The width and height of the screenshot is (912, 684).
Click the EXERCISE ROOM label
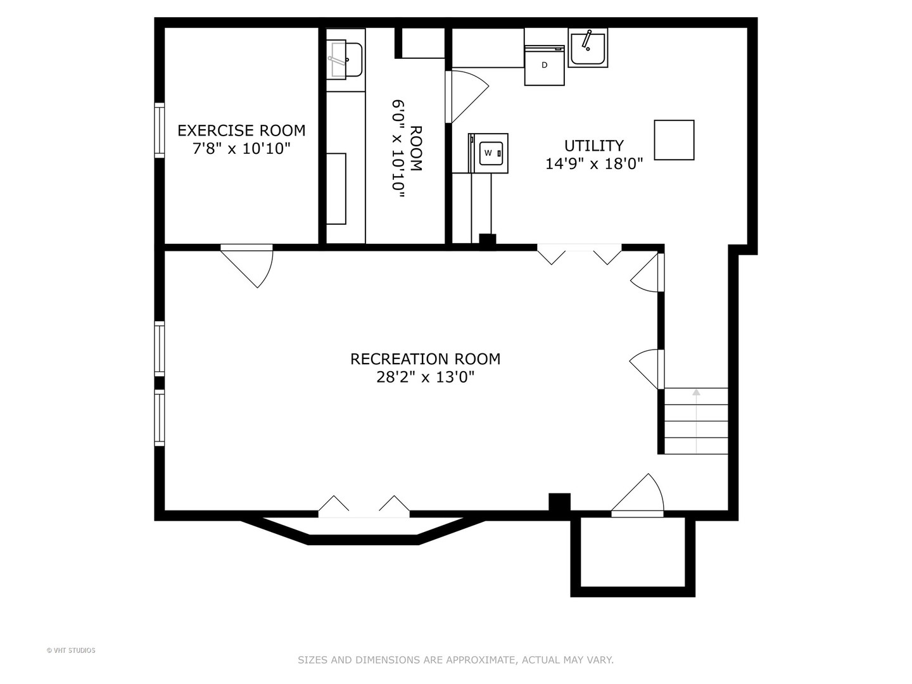click(241, 130)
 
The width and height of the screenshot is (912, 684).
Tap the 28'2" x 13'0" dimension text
click(425, 377)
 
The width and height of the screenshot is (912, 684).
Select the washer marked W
click(488, 153)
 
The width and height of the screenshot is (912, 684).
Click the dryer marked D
click(544, 65)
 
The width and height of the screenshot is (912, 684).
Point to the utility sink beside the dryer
click(588, 47)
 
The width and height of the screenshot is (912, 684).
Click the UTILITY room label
click(593, 146)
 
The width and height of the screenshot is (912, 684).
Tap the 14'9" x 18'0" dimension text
click(593, 163)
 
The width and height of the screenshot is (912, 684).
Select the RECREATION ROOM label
click(425, 359)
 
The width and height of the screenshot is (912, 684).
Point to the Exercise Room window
click(160, 130)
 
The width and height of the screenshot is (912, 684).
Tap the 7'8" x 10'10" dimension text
click(241, 148)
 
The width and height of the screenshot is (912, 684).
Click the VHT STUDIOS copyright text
click(71, 650)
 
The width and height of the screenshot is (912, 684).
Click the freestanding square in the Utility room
click(674, 140)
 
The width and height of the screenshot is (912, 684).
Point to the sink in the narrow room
click(345, 60)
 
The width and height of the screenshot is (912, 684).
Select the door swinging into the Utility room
click(467, 97)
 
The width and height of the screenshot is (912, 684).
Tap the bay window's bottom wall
click(363, 540)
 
